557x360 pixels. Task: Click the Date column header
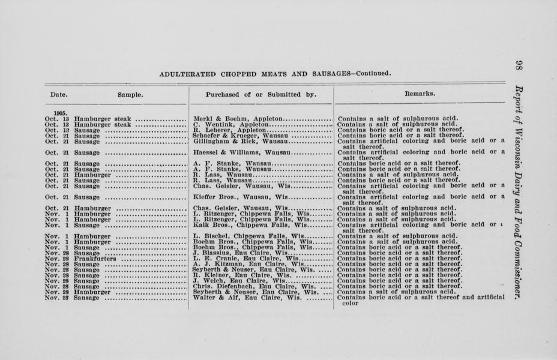[59, 95]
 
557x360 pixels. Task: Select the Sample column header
[130, 95]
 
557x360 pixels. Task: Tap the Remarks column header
[420, 94]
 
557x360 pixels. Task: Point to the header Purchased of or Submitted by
[260, 95]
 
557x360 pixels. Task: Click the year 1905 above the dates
[59, 113]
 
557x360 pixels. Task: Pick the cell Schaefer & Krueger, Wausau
[233, 136]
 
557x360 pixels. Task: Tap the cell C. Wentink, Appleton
[228, 124]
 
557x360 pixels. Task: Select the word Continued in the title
[373, 74]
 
